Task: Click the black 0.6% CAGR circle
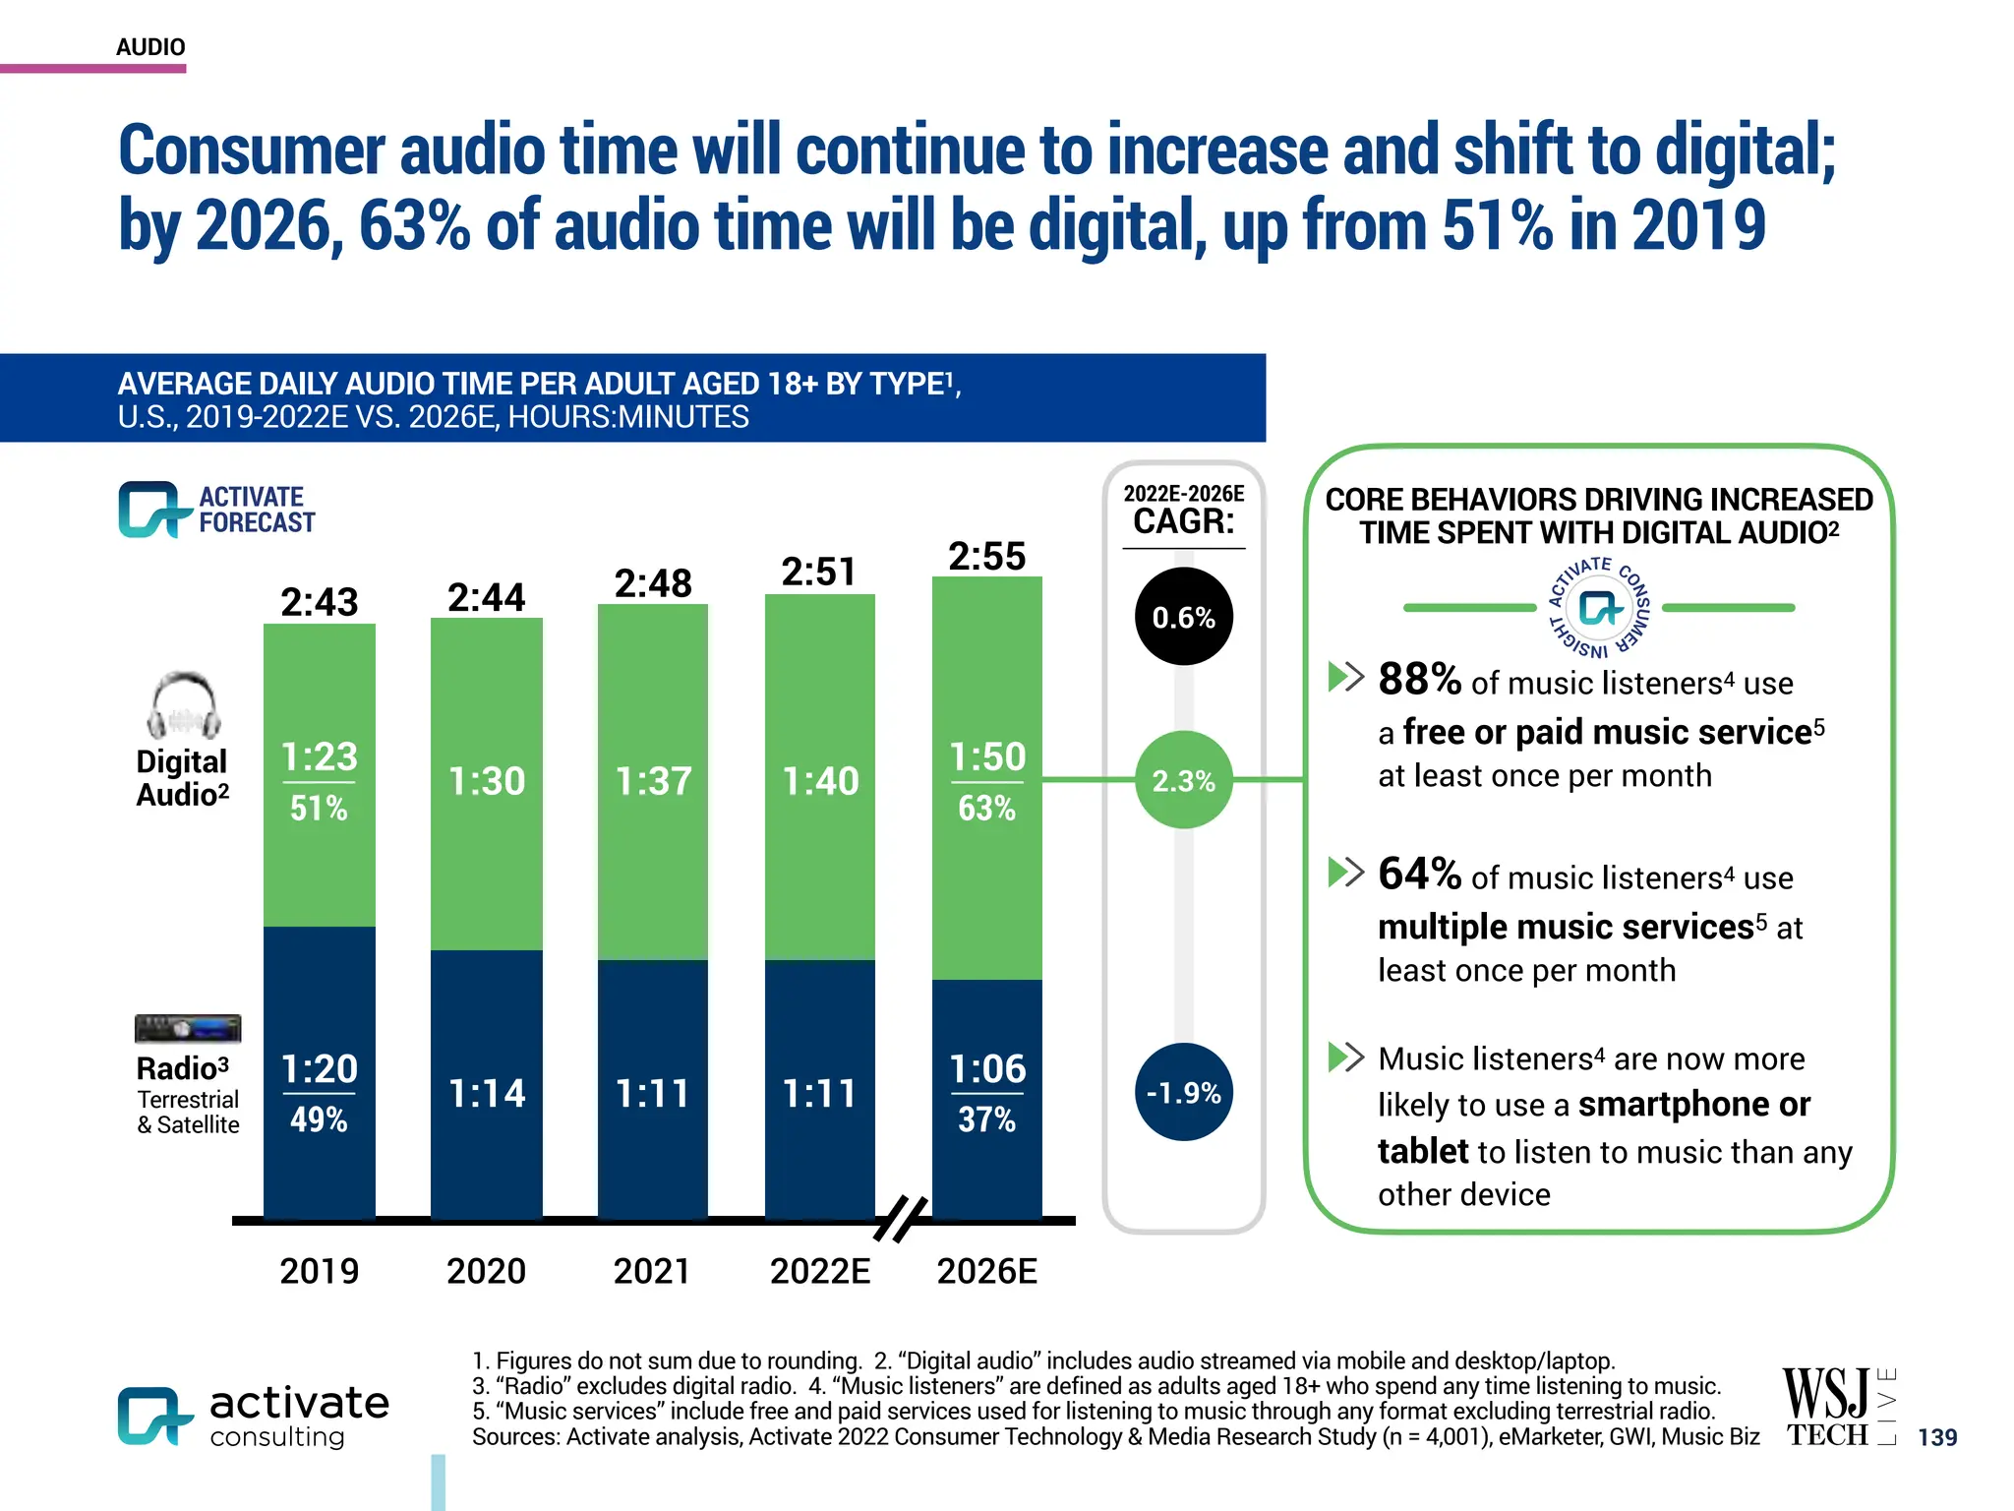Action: (x=1183, y=617)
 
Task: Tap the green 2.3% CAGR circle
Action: (x=1183, y=780)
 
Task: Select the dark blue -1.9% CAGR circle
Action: (x=1183, y=1092)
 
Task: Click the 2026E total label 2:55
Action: (x=986, y=557)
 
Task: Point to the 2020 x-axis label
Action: (x=486, y=1271)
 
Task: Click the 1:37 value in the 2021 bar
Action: (x=653, y=781)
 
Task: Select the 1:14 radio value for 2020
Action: (x=486, y=1093)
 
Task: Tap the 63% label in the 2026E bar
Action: (x=986, y=809)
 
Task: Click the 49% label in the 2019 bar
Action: (x=319, y=1119)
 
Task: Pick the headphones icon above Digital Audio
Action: (x=184, y=705)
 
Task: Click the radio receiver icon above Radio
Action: (x=188, y=1029)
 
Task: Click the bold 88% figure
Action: (x=1419, y=679)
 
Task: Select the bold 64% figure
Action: (x=1419, y=874)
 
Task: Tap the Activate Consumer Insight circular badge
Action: (x=1599, y=608)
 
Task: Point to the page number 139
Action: (x=1936, y=1437)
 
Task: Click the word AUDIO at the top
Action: (x=150, y=47)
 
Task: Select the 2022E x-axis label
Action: (x=819, y=1271)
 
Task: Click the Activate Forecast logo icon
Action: (x=152, y=510)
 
